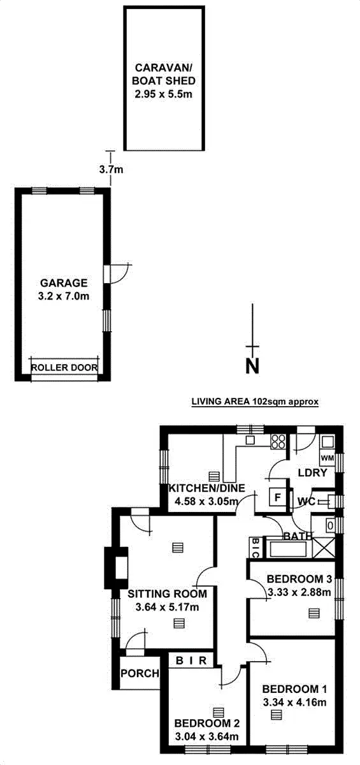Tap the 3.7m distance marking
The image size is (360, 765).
(x=111, y=170)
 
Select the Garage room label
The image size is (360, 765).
(x=64, y=282)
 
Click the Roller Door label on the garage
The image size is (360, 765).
(x=64, y=367)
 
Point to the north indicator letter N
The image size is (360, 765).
(x=253, y=367)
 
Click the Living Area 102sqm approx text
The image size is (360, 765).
(x=255, y=402)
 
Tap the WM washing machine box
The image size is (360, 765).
(x=327, y=458)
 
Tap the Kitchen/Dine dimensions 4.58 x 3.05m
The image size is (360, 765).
(x=206, y=502)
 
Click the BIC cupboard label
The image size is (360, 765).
(x=255, y=548)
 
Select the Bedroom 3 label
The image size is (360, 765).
(x=299, y=579)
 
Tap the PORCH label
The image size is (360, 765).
(x=140, y=674)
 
